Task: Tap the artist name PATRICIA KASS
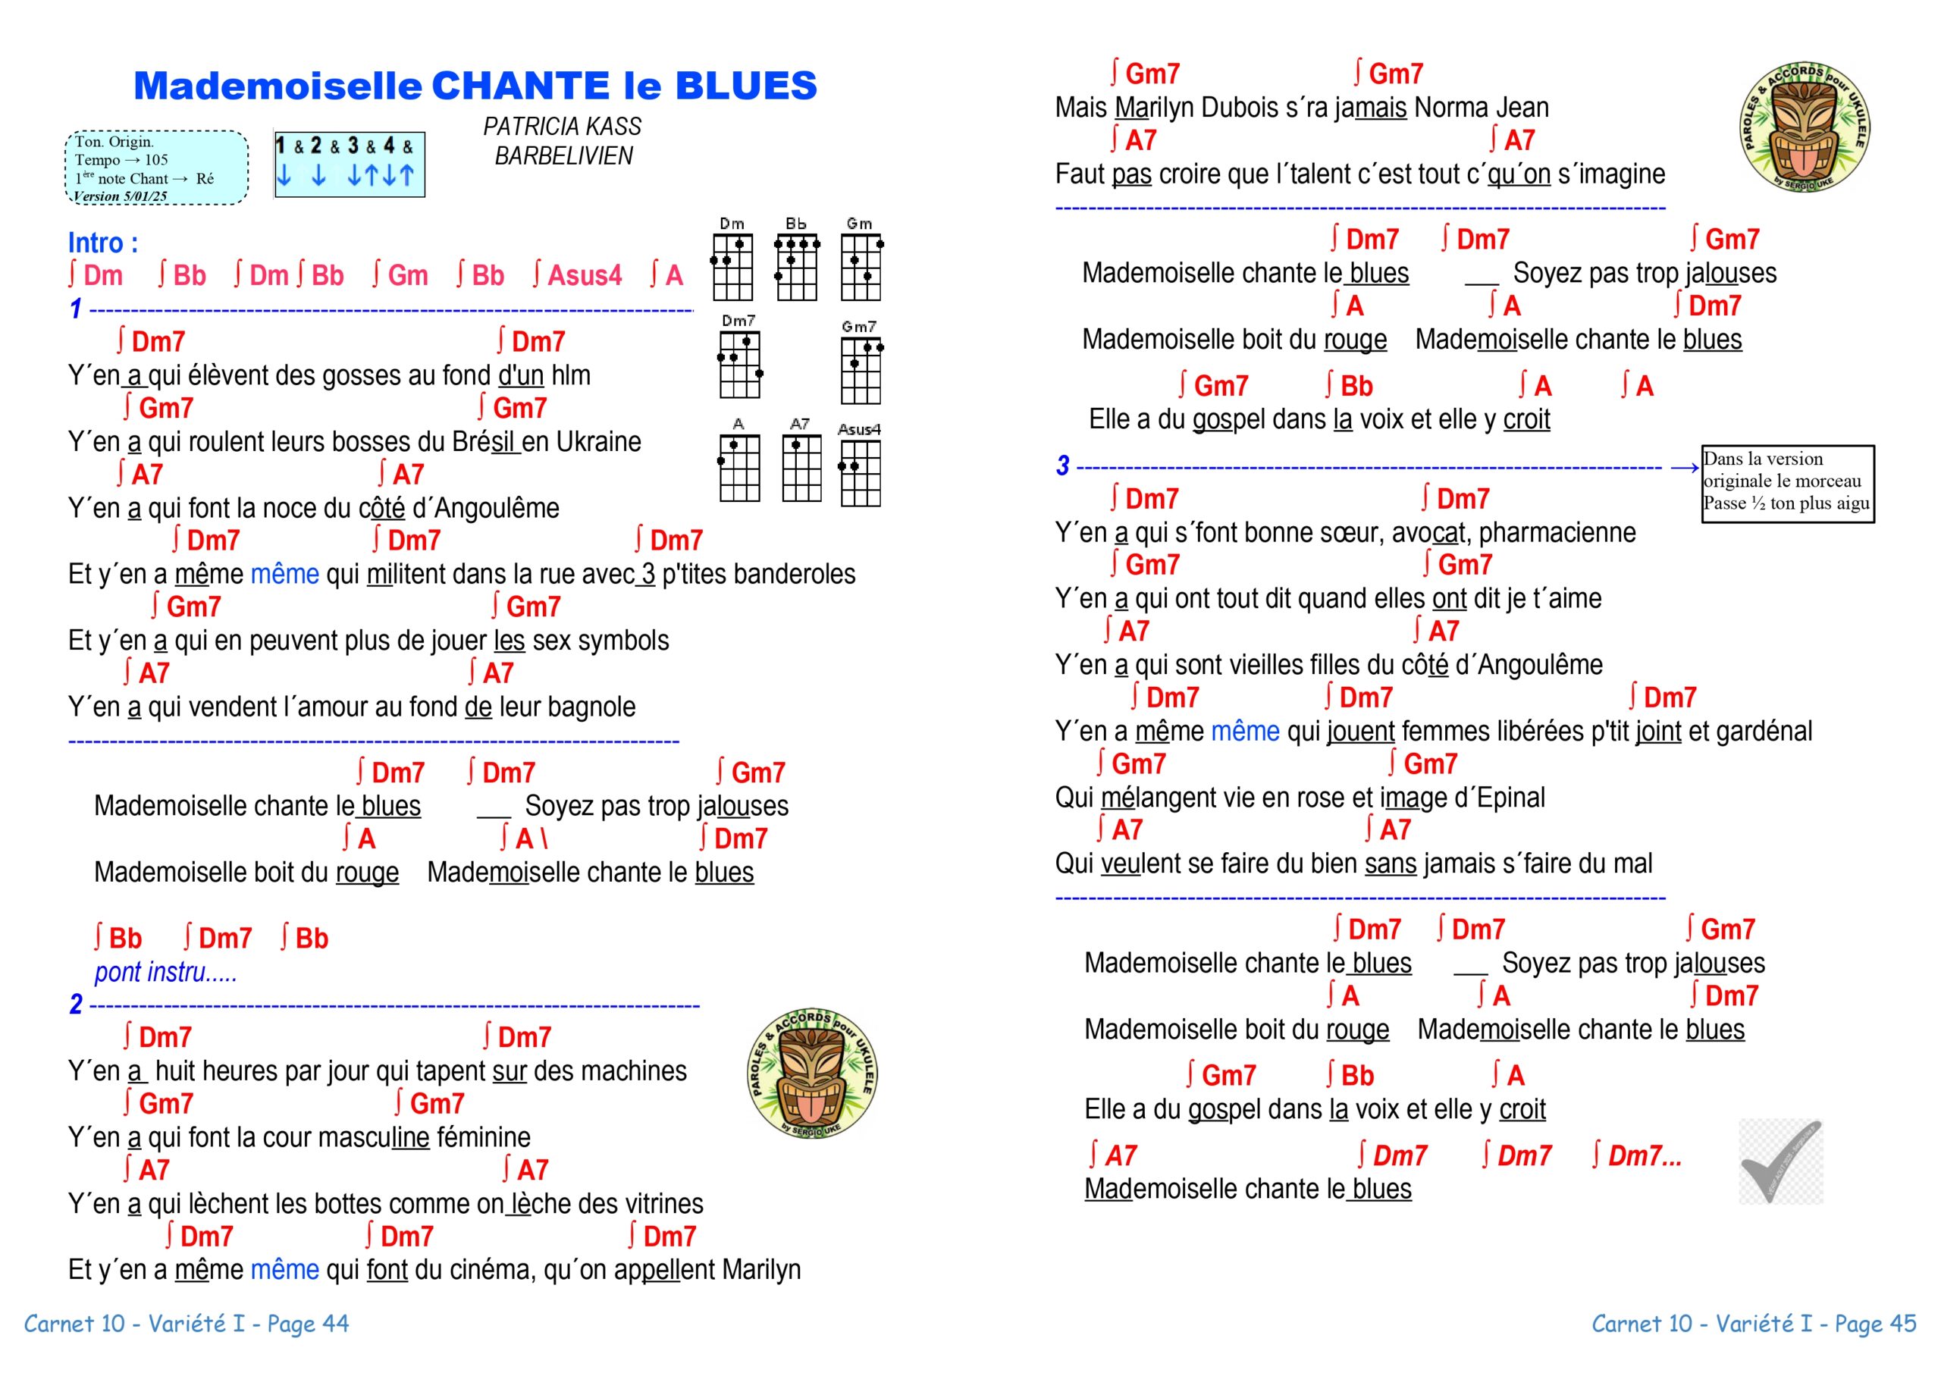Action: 562,127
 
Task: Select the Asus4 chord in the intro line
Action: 578,276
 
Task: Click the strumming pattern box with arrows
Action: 349,164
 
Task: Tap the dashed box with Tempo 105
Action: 156,168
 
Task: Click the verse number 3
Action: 1063,466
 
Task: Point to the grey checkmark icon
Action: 1780,1161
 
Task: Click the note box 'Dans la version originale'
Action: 1787,483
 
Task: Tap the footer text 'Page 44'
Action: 308,1323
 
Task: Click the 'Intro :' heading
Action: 103,243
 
